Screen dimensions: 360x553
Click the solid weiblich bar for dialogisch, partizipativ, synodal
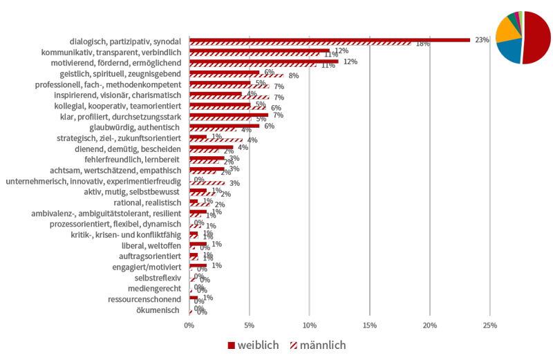click(x=329, y=40)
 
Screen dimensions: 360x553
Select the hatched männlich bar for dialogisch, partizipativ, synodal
click(x=300, y=44)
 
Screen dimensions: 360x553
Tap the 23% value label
click(x=481, y=40)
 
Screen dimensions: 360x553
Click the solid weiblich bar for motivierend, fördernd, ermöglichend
click(x=263, y=61)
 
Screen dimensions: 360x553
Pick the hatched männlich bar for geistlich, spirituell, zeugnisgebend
click(x=236, y=76)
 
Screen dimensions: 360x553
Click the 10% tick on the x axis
click(x=309, y=325)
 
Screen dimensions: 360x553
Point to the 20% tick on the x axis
click(x=430, y=325)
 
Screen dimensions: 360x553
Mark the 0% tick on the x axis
click(x=189, y=325)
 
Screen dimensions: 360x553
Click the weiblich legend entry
click(x=253, y=344)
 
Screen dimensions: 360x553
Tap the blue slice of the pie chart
click(x=510, y=52)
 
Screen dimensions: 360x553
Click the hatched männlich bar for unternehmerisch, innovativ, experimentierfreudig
click(x=211, y=183)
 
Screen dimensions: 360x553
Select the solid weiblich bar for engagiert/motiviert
click(x=198, y=265)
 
